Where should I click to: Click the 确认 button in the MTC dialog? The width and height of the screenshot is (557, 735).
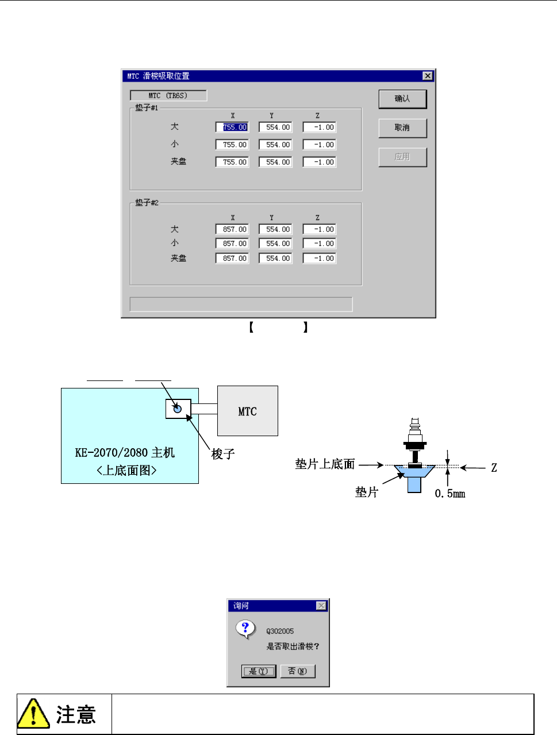click(402, 99)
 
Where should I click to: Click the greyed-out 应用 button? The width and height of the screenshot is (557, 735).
click(402, 157)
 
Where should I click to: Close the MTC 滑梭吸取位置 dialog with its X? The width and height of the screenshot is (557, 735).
click(427, 76)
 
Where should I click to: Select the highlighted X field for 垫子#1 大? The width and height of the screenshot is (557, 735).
click(232, 128)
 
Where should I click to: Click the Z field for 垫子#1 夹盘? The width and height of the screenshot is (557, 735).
click(320, 162)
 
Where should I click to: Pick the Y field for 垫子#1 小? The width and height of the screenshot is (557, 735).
click(275, 145)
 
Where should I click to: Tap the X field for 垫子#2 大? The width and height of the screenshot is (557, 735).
click(232, 229)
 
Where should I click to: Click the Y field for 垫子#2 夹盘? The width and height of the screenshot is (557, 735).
click(275, 259)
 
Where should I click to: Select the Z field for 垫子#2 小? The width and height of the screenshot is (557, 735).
click(320, 244)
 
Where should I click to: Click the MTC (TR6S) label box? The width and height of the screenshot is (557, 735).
click(168, 95)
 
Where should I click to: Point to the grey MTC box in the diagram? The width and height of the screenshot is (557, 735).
click(248, 411)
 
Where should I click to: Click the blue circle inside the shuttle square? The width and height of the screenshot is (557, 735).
click(178, 409)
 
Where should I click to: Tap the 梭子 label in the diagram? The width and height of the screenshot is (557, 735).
click(223, 454)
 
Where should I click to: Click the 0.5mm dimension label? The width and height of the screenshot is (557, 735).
click(450, 494)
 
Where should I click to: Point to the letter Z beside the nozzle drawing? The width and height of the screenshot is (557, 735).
click(494, 468)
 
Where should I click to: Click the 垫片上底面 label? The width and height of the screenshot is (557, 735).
click(325, 464)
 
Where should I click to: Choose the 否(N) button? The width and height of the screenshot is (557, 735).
click(298, 671)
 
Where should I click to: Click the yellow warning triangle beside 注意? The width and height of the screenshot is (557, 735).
click(33, 714)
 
